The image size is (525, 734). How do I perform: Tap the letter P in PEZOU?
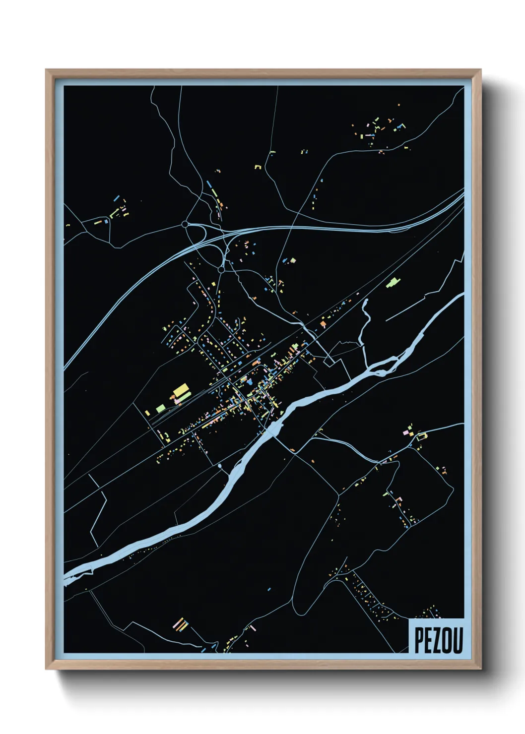[x=419, y=641]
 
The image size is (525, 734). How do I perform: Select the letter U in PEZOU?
[x=457, y=641]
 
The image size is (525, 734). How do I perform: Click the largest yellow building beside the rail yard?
[x=181, y=390]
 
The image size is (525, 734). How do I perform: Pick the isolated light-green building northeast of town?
[x=393, y=283]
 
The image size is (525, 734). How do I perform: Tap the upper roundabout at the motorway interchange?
[x=185, y=224]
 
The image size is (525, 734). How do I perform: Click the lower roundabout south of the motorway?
[x=221, y=270]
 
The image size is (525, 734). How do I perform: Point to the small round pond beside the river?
[x=219, y=466]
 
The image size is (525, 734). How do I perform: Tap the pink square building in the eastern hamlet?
[x=405, y=433]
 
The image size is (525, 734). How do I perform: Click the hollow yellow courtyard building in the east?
[x=422, y=436]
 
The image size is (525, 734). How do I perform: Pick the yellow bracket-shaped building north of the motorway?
[x=258, y=167]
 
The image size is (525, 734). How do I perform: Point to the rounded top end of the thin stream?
[x=366, y=301]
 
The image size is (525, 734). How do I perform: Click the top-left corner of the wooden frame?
[x=46, y=70]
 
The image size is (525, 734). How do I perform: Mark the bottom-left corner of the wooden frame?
[x=46, y=669]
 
